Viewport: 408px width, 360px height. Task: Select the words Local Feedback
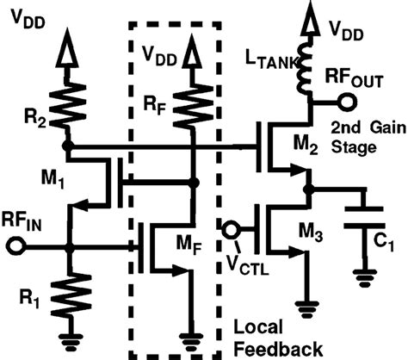[x=277, y=338]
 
